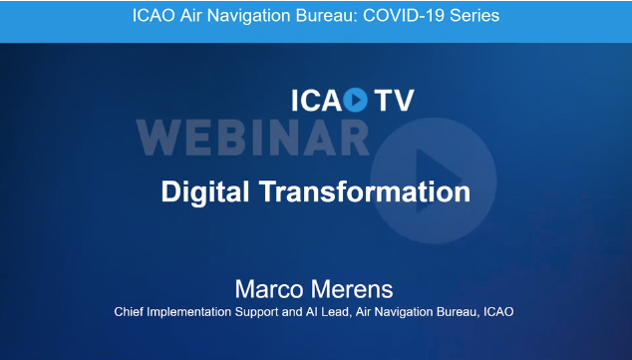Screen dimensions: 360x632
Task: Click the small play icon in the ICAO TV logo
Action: pos(356,100)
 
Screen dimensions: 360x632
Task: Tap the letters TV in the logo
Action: pos(394,100)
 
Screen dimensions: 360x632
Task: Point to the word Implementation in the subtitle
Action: pos(196,313)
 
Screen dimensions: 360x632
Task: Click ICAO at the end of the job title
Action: pos(498,313)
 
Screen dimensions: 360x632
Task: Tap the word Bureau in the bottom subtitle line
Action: pos(451,313)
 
